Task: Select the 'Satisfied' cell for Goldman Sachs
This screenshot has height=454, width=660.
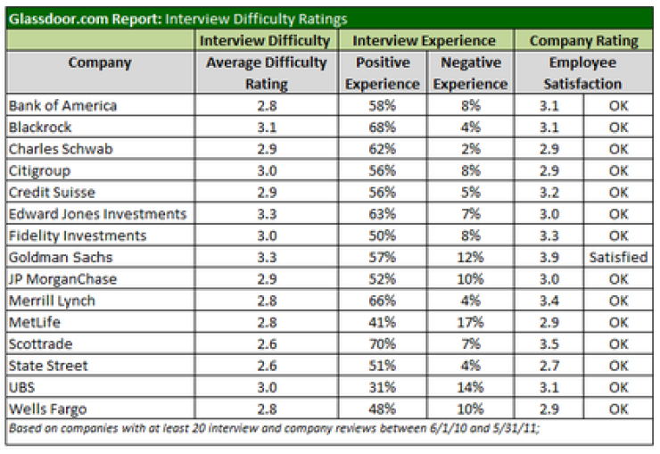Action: coord(618,257)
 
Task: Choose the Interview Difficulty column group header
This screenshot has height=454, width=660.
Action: coord(265,41)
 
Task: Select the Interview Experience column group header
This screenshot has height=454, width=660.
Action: coord(425,41)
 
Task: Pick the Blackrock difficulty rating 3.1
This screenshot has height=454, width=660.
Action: coord(265,128)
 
